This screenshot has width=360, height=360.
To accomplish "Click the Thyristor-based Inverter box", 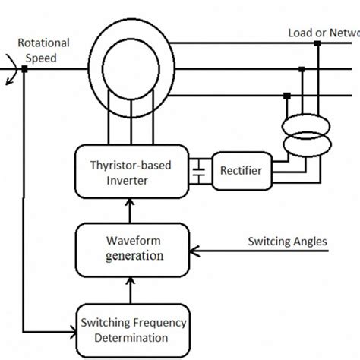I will click(x=129, y=171).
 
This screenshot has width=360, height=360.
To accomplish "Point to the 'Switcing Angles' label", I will click(x=287, y=242).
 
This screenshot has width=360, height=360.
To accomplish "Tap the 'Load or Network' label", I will click(x=324, y=33).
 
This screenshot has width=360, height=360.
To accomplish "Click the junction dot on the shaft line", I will click(x=24, y=68).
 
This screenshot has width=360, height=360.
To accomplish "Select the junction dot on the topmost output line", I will click(x=317, y=43).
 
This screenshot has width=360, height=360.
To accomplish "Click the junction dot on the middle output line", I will click(x=302, y=69).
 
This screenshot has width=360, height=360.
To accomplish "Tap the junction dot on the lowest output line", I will click(x=287, y=96).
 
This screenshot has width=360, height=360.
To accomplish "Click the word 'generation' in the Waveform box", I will click(x=134, y=256).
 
